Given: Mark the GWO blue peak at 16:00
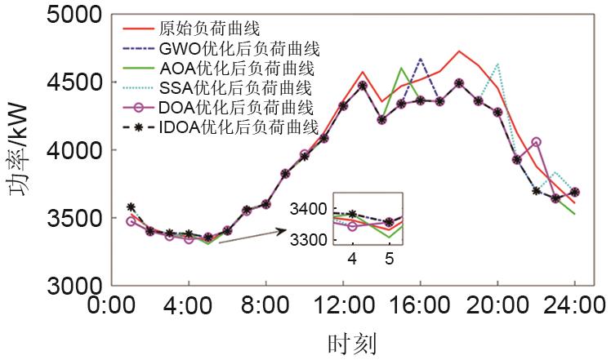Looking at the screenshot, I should click(x=420, y=60).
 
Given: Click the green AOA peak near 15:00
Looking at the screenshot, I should click(x=401, y=69).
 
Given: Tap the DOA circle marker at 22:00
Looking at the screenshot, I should click(x=536, y=142).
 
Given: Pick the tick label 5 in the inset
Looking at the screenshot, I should click(x=390, y=259).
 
